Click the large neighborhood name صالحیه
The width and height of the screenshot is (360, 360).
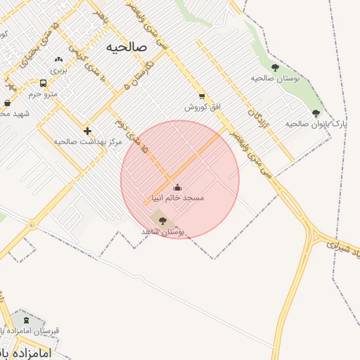point(127,47)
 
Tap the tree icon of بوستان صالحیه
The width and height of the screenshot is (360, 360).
point(274,68)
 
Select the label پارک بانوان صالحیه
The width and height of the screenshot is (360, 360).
point(316,124)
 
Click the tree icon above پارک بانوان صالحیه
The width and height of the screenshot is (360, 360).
point(316,112)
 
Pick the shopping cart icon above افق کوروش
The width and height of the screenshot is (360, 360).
point(202,96)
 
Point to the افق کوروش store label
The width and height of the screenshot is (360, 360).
point(202,107)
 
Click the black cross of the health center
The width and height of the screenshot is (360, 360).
point(87,131)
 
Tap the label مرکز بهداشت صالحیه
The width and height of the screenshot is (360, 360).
point(88,141)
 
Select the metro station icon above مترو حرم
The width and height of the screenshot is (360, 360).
point(44,83)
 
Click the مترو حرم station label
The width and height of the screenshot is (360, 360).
point(42,94)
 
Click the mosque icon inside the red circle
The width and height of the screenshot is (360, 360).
point(176,188)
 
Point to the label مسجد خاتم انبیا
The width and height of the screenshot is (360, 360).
point(177,198)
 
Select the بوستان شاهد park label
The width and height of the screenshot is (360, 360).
point(162,231)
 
